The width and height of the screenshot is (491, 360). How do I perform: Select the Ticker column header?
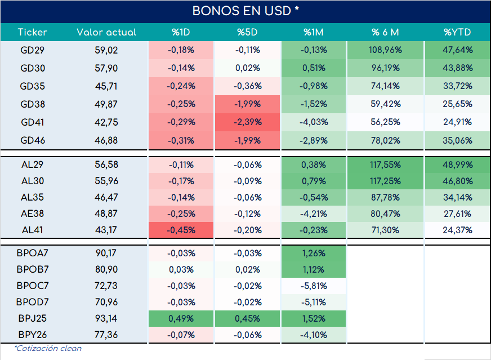[32, 32]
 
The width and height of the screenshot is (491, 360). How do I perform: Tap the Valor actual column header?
[106, 32]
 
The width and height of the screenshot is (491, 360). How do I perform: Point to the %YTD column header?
[457, 32]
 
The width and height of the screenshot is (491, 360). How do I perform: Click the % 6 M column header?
[385, 32]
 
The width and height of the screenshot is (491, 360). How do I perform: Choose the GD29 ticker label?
[32, 50]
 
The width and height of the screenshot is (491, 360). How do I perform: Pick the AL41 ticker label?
[32, 230]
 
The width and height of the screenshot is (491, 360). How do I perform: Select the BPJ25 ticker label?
[32, 318]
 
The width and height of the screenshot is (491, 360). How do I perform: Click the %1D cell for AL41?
[181, 230]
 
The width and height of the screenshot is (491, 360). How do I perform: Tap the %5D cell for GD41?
[247, 122]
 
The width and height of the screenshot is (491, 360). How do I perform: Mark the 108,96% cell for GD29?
[385, 50]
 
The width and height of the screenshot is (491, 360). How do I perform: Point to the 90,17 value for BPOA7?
[106, 253]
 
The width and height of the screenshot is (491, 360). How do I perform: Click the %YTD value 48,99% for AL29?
[457, 165]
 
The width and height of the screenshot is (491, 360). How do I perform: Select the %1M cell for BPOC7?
[314, 286]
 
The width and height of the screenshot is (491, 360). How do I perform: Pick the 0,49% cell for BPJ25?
[181, 318]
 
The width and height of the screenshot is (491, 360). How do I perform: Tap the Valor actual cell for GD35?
[106, 86]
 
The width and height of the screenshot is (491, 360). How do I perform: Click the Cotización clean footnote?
[48, 348]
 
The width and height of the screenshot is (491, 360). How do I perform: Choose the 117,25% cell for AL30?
[385, 181]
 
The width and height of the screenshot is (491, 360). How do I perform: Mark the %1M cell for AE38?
[314, 214]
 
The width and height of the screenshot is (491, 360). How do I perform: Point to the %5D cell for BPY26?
[247, 335]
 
